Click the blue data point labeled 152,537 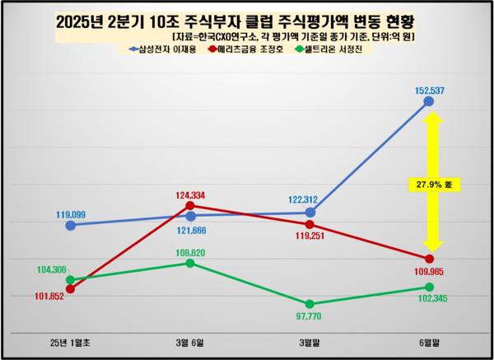[x=428, y=101]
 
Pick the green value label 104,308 [x=54, y=269]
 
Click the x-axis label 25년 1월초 [x=70, y=340]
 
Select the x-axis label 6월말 [x=428, y=340]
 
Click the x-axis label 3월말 [x=309, y=340]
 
